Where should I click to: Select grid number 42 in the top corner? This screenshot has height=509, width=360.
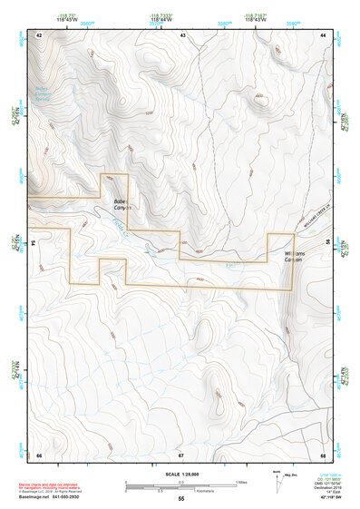click(x=39, y=34)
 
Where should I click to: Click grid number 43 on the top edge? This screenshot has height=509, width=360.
click(x=182, y=34)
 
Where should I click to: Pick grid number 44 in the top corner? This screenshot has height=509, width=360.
click(x=324, y=34)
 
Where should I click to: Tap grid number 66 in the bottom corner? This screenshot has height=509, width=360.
click(x=39, y=454)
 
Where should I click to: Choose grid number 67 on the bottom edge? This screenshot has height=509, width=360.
click(x=180, y=454)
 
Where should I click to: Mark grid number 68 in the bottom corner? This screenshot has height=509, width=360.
click(x=323, y=454)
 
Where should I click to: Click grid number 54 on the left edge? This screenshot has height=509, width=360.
click(x=34, y=243)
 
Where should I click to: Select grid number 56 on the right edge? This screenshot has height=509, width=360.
click(x=327, y=243)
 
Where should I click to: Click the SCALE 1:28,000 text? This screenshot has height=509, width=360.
click(x=180, y=474)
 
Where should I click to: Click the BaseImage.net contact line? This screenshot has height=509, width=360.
click(x=54, y=497)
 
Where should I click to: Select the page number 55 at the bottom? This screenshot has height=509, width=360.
click(x=180, y=499)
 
